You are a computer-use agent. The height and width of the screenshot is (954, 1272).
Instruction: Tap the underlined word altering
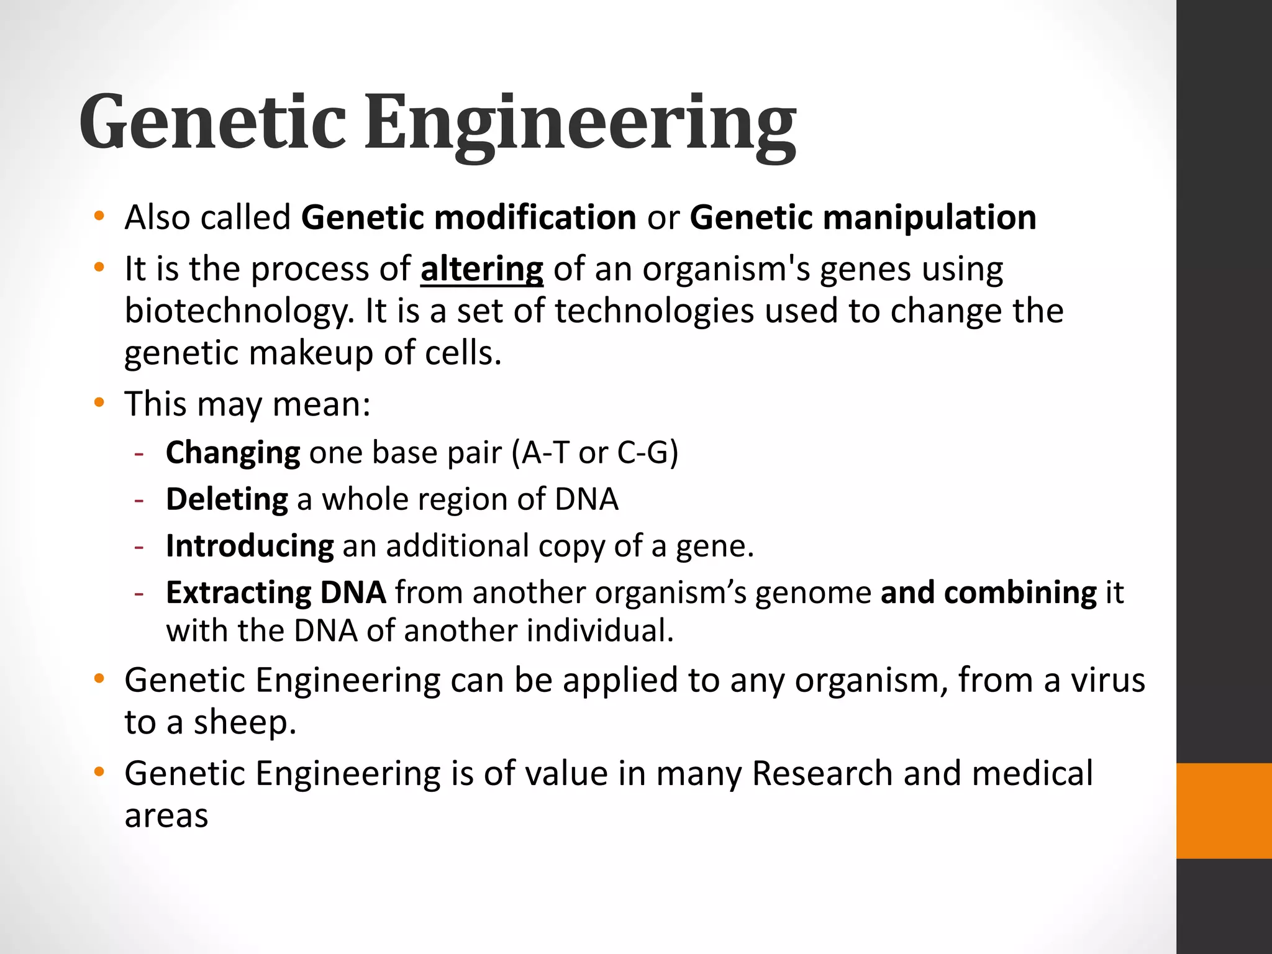(482, 270)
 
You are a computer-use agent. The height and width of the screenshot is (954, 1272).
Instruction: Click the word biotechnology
(238, 311)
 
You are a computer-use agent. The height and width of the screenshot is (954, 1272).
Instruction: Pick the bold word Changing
(233, 452)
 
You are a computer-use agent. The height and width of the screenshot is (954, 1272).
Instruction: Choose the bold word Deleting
(227, 499)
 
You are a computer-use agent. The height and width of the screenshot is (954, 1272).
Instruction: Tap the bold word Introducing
(250, 546)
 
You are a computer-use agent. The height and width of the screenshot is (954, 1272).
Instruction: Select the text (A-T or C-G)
(595, 452)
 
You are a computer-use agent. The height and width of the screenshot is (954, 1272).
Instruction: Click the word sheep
(244, 722)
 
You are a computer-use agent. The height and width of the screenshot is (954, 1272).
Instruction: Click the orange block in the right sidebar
(1224, 811)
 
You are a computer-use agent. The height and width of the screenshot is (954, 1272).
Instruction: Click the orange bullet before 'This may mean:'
(98, 404)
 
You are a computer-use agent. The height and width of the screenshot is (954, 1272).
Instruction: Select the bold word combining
(1020, 593)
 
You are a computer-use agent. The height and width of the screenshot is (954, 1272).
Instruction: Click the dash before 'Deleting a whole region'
(139, 499)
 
